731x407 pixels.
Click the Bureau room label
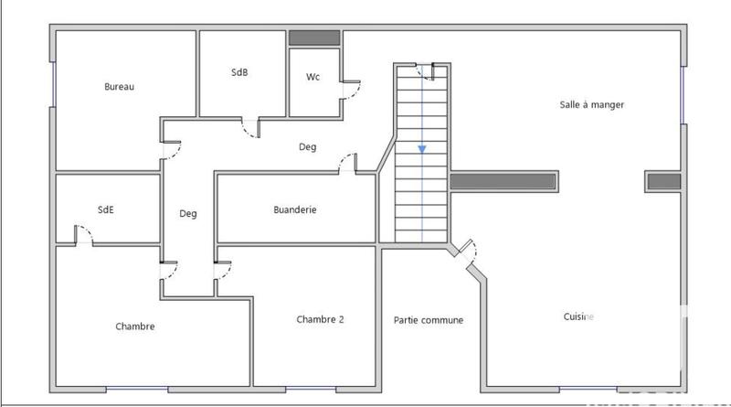pos(120,87)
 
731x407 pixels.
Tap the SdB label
pos(239,72)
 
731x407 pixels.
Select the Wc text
pos(313,77)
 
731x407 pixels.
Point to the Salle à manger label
pos(591,104)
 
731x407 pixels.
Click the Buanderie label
pos(295,209)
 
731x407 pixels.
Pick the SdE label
pos(106,209)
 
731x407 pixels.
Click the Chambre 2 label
pos(320,319)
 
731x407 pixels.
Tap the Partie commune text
pos(428,320)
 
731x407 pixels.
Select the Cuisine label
pos(578,316)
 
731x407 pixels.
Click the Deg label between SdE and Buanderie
pos(188,214)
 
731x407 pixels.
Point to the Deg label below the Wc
pos(307,146)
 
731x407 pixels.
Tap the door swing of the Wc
pos(351,89)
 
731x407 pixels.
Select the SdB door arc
pos(249,129)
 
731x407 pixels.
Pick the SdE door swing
pos(83,235)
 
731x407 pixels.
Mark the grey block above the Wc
pos(314,38)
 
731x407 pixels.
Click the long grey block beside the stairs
pos(503,181)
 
